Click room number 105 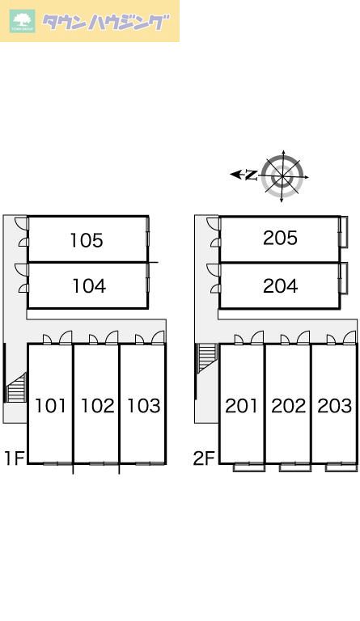tap(87, 240)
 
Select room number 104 tap(89, 286)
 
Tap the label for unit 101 tap(50, 406)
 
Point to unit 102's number tap(97, 406)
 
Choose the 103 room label tap(143, 406)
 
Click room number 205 tap(280, 238)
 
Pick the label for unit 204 tap(280, 286)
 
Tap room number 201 tap(241, 406)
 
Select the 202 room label tap(288, 406)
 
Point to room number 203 tap(335, 406)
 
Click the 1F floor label tap(15, 458)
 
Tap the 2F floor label tap(204, 458)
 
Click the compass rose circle tap(282, 176)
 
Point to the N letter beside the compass tap(251, 175)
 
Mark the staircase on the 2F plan tap(207, 358)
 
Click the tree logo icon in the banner tap(23, 21)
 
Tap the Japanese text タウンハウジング tap(105, 22)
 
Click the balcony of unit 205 tap(344, 232)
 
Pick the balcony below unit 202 tap(295, 467)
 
